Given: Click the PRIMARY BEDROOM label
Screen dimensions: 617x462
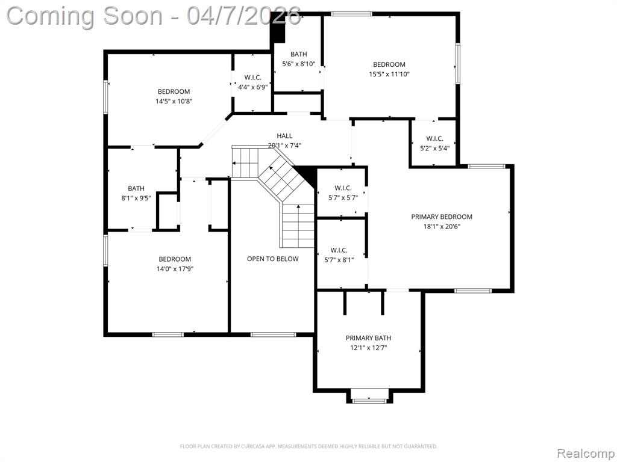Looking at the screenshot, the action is point(442,217).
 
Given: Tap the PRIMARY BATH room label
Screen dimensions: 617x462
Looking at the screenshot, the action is point(368,338).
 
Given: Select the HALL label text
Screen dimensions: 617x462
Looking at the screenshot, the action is point(284,136).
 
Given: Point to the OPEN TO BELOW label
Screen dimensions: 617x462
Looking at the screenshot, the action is point(273,259).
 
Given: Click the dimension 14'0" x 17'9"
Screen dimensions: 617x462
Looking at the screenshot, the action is point(175,269).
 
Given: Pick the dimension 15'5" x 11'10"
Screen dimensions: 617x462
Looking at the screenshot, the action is point(389,74).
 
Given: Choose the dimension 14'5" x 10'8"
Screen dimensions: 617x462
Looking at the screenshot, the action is point(174,101).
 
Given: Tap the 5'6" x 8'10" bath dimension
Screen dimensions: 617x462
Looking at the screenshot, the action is point(299,64).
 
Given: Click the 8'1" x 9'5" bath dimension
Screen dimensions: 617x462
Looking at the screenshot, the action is point(136,199).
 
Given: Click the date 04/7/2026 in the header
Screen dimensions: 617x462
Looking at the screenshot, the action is point(244,16).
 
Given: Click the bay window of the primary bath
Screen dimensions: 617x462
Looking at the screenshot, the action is point(369,401).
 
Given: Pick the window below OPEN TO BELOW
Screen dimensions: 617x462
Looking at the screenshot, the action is point(273,334).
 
